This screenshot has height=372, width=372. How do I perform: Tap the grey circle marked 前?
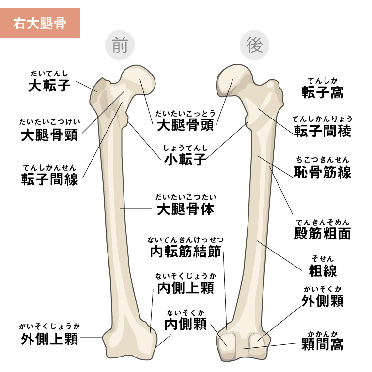[119, 46]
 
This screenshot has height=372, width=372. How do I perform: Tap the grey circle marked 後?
[254, 46]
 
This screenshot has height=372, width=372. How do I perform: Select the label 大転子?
[49, 86]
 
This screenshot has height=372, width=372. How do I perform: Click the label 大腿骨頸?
[49, 134]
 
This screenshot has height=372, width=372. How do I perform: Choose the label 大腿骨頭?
[186, 125]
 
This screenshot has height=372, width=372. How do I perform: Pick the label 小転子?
[186, 160]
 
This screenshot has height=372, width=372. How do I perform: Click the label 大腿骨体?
[186, 209]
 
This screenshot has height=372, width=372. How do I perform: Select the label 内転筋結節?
[186, 252]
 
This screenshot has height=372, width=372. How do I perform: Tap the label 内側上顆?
[186, 288]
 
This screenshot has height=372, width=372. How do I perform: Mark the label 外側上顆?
[49, 339]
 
